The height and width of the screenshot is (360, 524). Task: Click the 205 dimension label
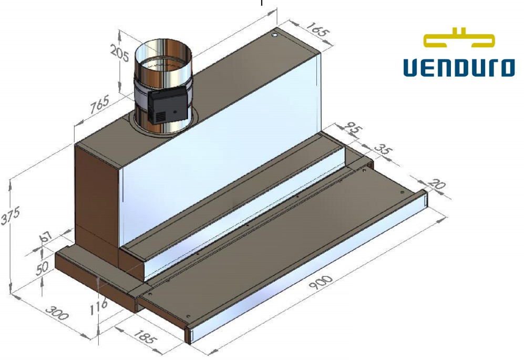119,54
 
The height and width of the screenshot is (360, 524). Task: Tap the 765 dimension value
100,104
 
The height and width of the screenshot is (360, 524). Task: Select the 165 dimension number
317,29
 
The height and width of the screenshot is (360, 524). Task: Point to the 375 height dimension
10,215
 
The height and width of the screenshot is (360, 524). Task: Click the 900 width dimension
321,283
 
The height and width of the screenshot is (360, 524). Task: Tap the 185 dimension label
145,336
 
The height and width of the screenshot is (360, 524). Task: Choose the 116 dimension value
99,307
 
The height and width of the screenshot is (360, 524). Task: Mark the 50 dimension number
42,268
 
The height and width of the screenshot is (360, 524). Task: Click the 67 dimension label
46,236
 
